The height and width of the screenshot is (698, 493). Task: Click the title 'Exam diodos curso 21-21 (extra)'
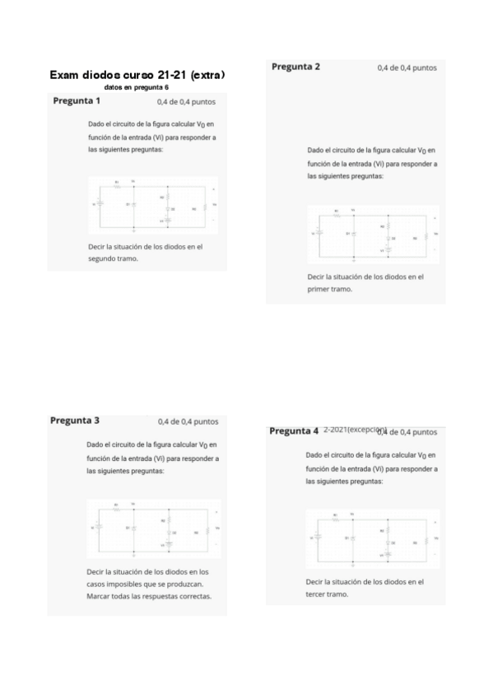pos(137,75)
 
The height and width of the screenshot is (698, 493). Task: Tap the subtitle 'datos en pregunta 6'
pos(137,87)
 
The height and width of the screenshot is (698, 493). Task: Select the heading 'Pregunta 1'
pos(77,101)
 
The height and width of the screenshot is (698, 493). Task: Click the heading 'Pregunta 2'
pos(295,67)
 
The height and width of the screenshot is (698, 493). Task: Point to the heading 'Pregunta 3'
pos(75,421)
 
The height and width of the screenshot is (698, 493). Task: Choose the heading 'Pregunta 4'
pos(294,431)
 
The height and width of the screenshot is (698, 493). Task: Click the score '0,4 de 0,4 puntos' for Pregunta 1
pos(186,102)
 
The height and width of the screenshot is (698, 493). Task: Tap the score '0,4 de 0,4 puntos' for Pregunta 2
pos(407,67)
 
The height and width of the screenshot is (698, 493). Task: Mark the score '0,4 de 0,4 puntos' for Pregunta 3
pos(188,421)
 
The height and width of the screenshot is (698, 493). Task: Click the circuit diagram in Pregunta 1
pos(153,204)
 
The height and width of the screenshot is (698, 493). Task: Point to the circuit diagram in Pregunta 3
pos(153,528)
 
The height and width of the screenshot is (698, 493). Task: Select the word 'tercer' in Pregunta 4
pos(317,594)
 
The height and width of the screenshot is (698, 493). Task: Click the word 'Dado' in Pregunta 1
pos(96,123)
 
